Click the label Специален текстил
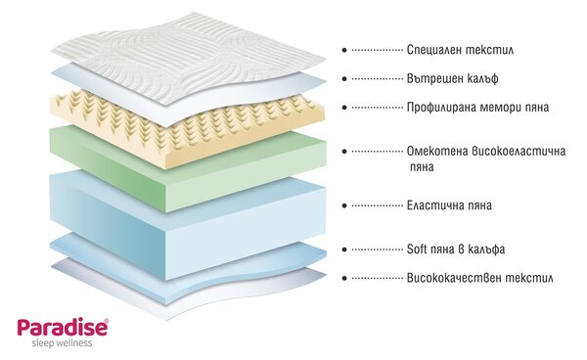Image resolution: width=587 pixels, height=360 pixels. click(460, 50)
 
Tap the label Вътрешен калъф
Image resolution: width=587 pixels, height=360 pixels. click(453, 78)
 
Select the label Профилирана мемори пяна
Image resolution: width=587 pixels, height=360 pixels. click(477, 108)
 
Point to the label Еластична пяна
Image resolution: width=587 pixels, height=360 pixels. click(449, 205)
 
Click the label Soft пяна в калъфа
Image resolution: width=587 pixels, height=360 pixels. click(456, 249)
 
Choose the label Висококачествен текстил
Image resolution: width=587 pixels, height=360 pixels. click(480, 278)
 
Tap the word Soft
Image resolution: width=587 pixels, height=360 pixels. click(417, 249)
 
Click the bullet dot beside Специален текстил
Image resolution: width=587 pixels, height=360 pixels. click(344, 50)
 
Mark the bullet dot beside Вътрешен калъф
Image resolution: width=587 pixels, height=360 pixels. click(344, 78)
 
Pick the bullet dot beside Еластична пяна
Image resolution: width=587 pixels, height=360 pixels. click(344, 205)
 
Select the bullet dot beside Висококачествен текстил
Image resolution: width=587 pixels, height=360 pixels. click(344, 278)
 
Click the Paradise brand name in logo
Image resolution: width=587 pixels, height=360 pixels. click(63, 328)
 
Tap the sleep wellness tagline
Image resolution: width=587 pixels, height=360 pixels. click(62, 343)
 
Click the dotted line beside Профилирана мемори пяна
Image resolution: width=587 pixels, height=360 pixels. click(377, 108)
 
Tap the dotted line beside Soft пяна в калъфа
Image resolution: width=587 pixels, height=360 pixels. click(377, 249)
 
